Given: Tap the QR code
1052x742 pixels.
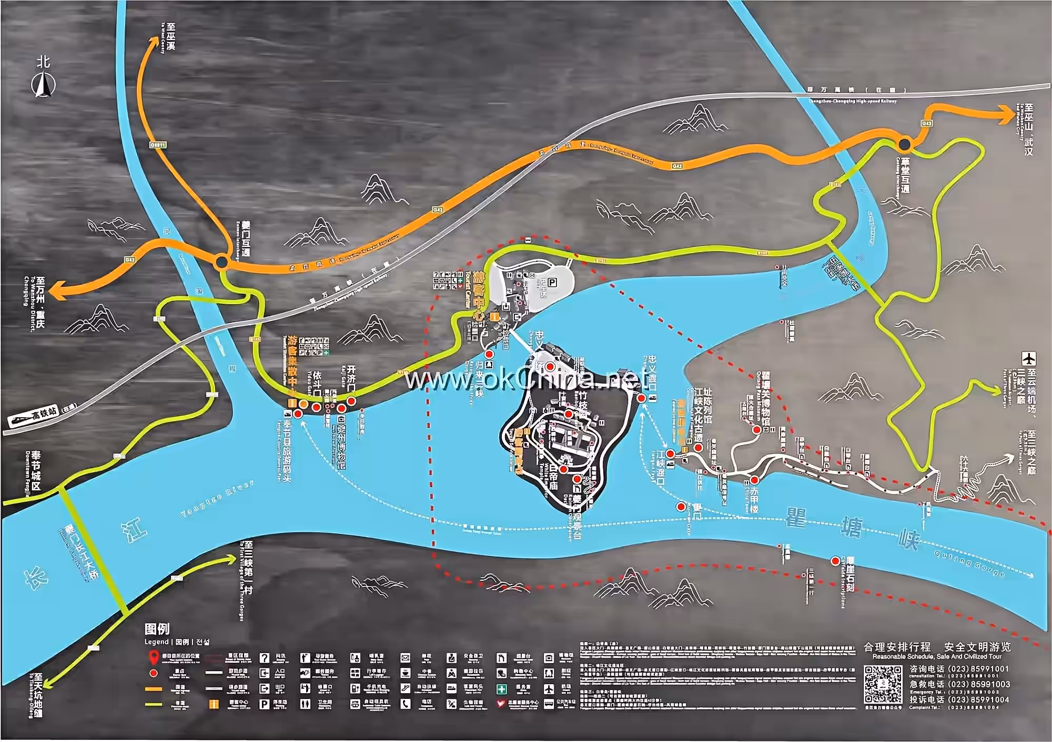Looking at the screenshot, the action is tap(883, 684).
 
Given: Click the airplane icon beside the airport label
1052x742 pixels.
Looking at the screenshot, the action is tap(1028, 359).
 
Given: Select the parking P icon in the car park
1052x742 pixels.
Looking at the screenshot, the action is tap(552, 283).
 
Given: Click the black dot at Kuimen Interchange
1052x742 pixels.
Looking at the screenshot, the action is tap(222, 261).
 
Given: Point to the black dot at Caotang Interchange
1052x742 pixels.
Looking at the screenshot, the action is tap(905, 143).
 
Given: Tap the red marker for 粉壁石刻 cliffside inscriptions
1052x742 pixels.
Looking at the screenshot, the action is tap(835, 561).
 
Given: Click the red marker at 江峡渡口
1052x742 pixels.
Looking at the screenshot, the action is tap(671, 454).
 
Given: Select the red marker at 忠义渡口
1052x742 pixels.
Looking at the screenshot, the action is tap(641, 398).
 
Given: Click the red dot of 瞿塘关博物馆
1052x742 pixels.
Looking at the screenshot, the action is tap(756, 430).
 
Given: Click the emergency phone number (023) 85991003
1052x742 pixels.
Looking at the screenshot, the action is tap(979, 684).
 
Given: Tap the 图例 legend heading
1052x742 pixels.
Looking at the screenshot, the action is tap(157, 629).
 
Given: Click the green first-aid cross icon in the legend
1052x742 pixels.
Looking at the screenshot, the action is tap(502, 688).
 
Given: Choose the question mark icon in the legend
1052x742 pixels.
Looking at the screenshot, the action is tap(265, 658).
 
